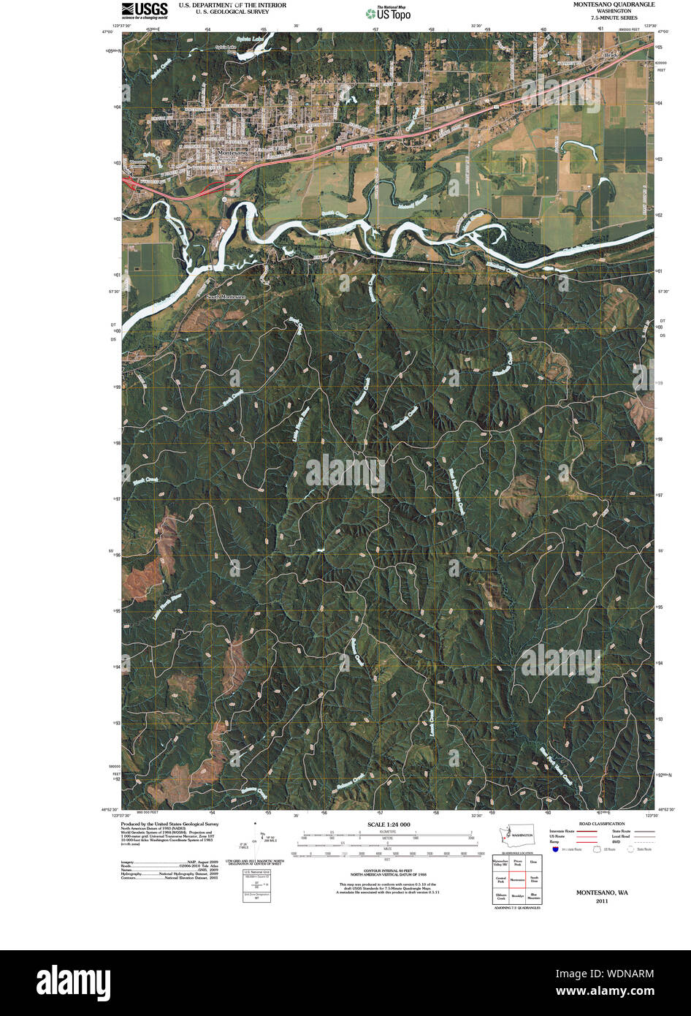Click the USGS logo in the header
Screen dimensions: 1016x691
(x=145, y=10)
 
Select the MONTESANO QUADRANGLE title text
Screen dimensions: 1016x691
(x=614, y=4)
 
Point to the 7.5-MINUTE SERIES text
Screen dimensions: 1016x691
(x=614, y=18)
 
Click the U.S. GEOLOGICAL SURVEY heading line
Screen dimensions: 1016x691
(x=222, y=12)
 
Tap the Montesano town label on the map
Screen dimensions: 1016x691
(x=232, y=152)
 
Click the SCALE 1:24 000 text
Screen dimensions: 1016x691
(x=384, y=824)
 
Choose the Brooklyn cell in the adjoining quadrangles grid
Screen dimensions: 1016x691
(x=518, y=895)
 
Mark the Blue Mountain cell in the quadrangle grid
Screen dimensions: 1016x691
(x=534, y=895)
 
